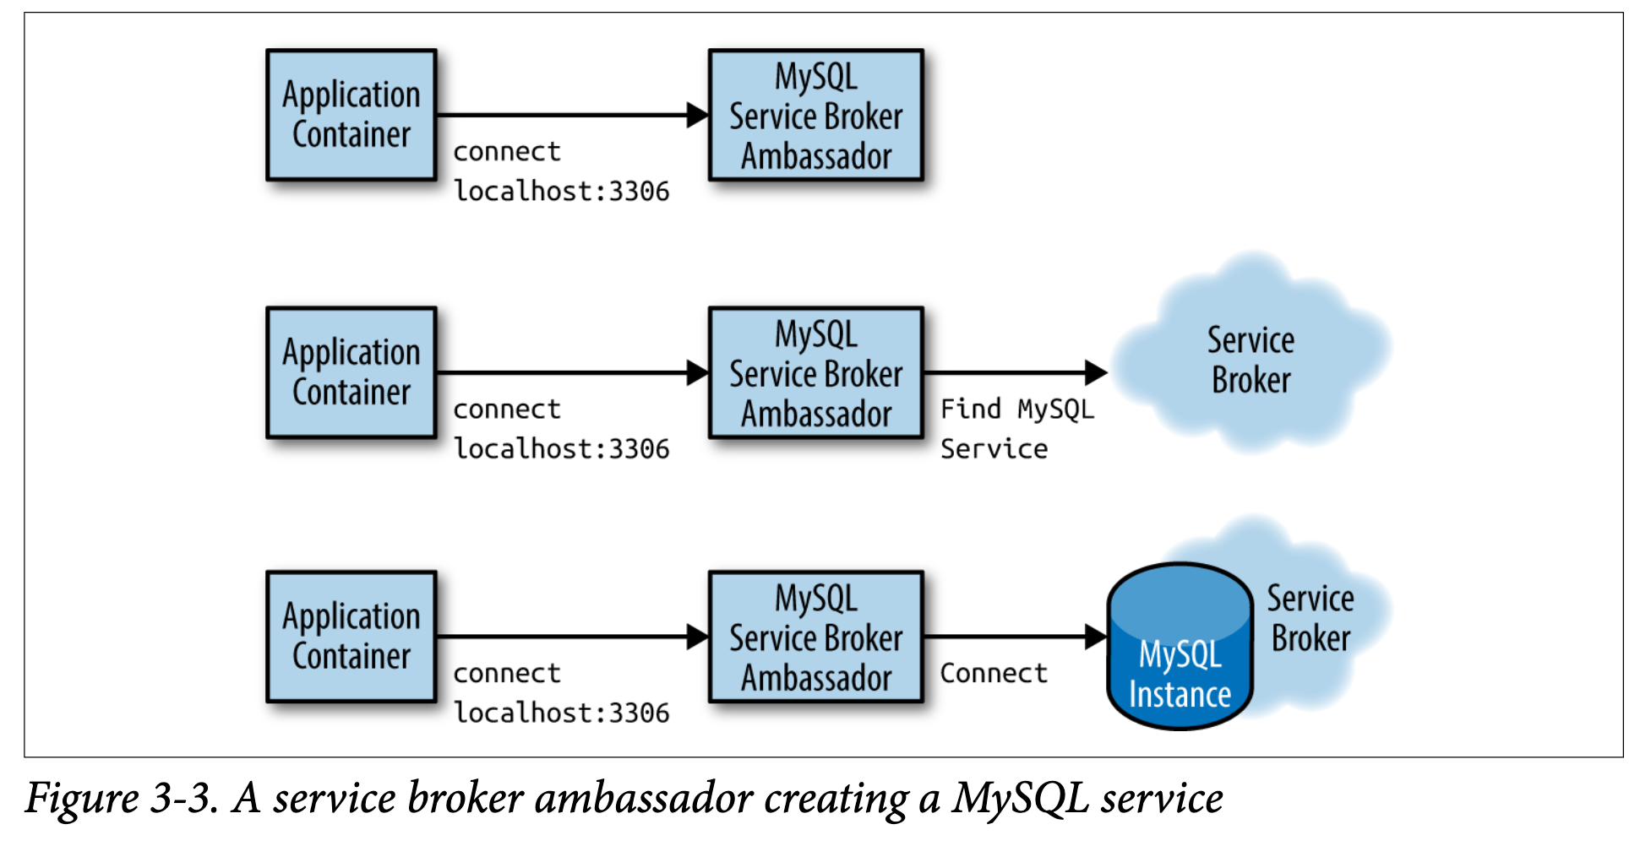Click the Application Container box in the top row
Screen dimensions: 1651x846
351,115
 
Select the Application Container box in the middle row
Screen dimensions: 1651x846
351,372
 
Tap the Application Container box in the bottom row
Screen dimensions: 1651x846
351,637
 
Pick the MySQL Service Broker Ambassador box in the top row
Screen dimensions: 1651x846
816,115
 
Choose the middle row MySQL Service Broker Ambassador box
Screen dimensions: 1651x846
816,372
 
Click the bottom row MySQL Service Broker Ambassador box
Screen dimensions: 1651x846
816,637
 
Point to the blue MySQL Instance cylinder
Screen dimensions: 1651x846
1180,647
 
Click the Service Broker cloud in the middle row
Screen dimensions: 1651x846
1251,353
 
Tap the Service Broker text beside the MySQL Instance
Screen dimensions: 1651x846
1310,618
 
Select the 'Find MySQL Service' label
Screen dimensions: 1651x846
1017,429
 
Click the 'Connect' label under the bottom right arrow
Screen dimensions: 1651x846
994,673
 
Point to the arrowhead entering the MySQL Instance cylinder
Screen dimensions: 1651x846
1096,637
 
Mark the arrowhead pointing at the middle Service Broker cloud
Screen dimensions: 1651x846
1096,372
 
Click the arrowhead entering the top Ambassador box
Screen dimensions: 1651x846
698,115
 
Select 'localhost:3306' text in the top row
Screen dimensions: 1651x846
562,192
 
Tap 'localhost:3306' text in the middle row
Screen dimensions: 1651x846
562,449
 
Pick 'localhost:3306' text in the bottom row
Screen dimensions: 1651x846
562,713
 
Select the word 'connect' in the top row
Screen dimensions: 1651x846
507,152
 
